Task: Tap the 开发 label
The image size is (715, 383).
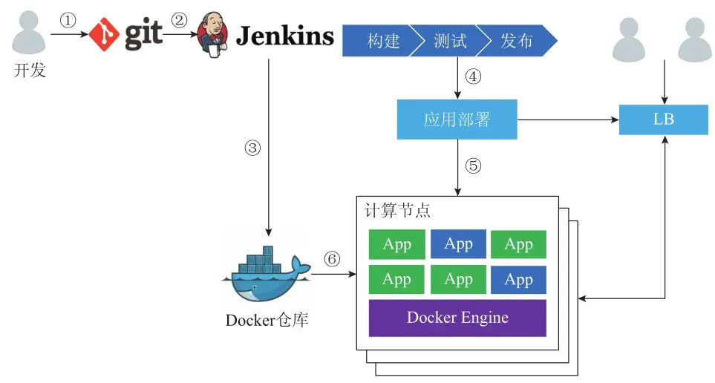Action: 30,72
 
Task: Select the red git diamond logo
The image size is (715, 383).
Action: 105,34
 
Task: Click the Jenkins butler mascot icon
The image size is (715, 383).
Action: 212,35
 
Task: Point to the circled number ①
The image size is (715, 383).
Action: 68,21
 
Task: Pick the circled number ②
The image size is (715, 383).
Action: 179,21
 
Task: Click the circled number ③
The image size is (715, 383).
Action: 252,148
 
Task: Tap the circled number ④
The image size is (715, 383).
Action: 473,76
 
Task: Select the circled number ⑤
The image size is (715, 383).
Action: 473,166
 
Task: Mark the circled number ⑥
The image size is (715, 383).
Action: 332,259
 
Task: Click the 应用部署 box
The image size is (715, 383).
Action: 457,120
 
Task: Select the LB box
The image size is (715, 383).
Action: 663,120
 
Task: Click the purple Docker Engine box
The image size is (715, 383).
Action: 457,318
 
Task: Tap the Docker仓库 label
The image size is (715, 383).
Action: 267,321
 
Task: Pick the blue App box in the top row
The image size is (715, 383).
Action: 458,244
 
